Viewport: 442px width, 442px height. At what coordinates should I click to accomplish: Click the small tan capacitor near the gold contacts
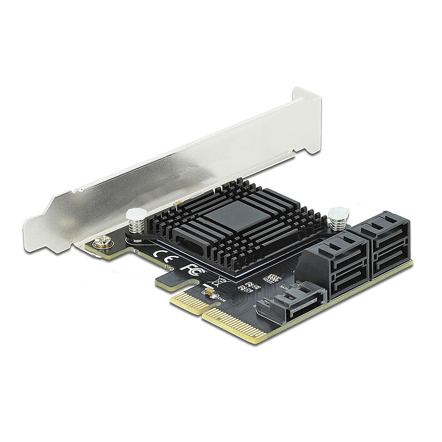[208, 291]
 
